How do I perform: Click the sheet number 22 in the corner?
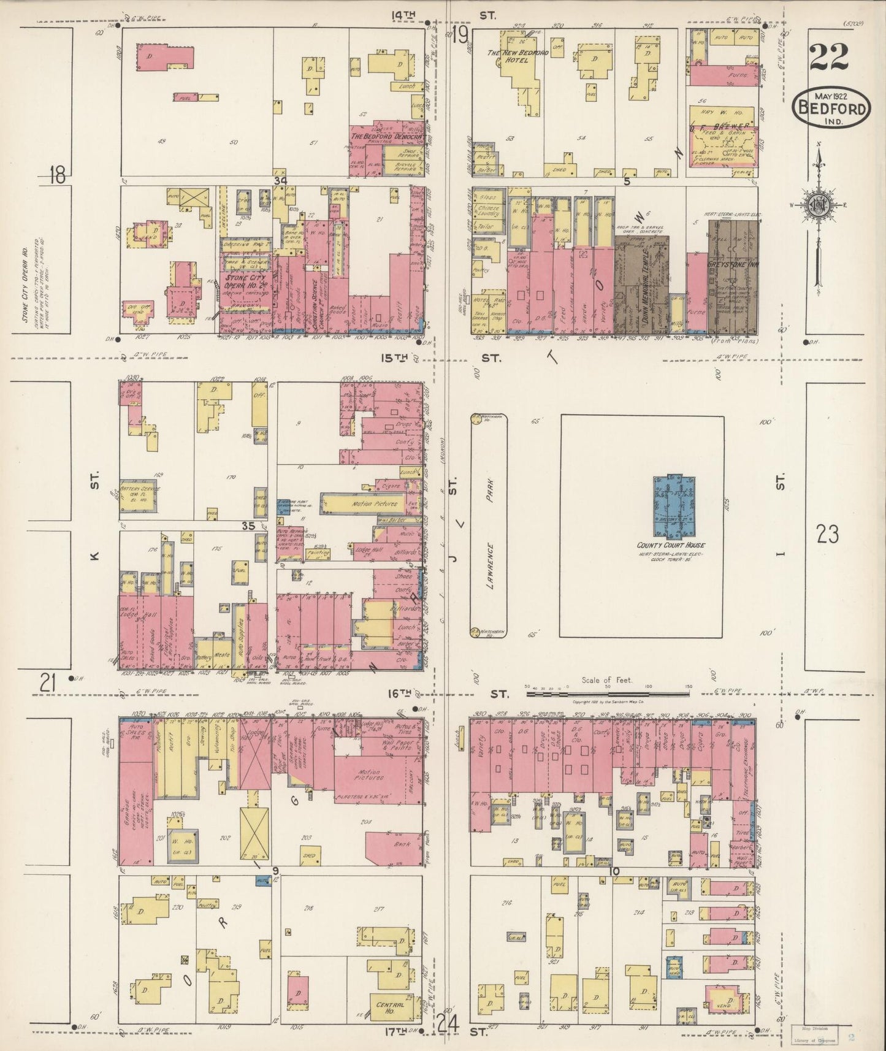point(828,58)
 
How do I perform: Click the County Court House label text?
point(670,545)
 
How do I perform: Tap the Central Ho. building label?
point(388,1007)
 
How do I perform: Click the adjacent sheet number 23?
point(827,535)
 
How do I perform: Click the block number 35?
point(248,526)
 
